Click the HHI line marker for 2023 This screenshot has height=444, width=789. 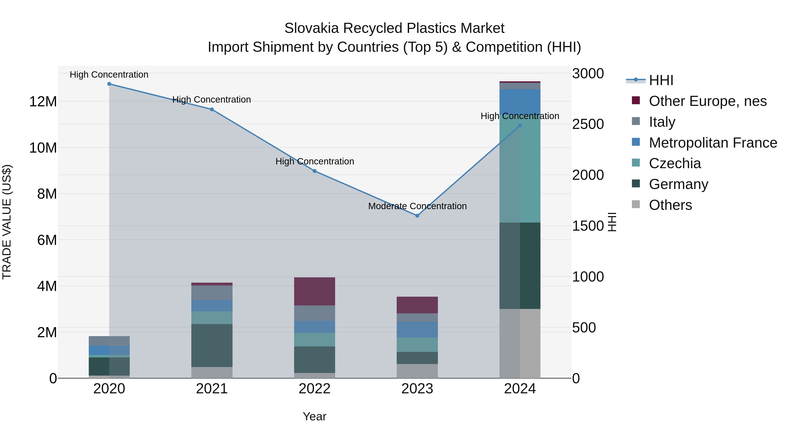tap(417, 216)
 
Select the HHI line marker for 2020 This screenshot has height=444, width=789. tap(109, 84)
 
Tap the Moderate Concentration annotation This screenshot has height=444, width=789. tap(417, 206)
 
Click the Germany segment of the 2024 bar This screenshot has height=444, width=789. tap(520, 266)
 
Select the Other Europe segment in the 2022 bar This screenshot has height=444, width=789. tap(315, 291)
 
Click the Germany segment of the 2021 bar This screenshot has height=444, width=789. tap(212, 345)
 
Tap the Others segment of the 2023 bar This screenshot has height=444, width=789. tap(417, 371)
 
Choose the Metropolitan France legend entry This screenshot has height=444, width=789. tap(713, 143)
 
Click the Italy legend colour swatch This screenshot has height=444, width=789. tap(636, 121)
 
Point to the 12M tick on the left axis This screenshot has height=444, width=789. tap(43, 102)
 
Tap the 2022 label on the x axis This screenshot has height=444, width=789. tap(315, 389)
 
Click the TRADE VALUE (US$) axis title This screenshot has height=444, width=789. tap(7, 222)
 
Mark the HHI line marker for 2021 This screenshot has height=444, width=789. tap(212, 109)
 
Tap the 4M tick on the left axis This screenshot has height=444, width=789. tap(46, 286)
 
